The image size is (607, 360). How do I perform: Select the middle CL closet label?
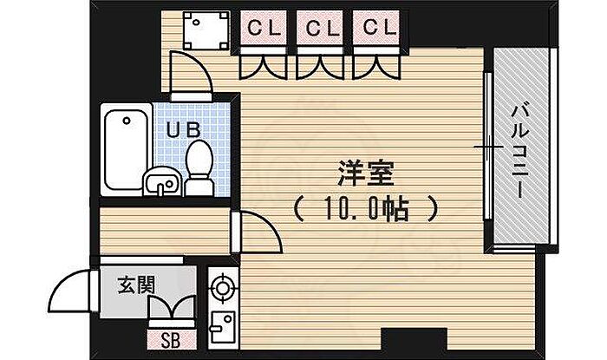click(x=320, y=28)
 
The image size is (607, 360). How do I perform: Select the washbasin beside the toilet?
click(x=160, y=181)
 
